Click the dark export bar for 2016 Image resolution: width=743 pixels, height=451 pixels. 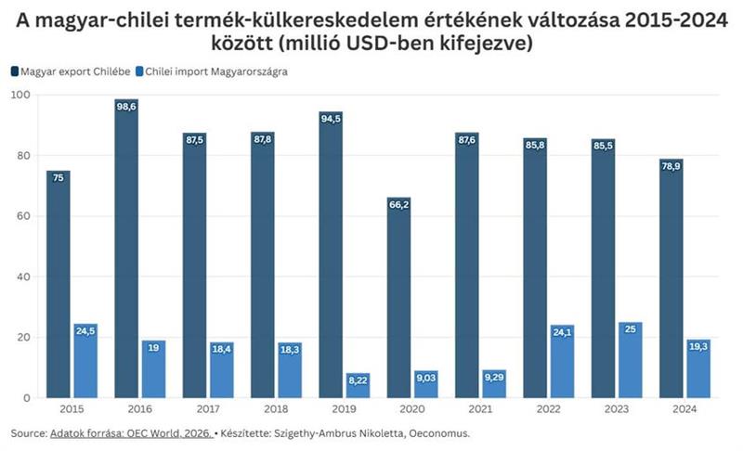coord(126,251)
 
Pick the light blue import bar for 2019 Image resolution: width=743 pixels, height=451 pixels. coord(358,385)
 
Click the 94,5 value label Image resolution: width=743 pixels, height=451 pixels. coord(331,119)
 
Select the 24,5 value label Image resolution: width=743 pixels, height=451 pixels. coord(85,329)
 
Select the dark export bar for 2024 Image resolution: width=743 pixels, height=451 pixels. coord(670,278)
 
